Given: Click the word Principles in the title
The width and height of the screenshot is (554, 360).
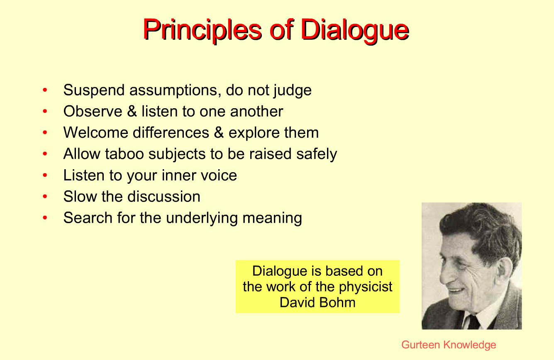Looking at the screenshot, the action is (x=202, y=30).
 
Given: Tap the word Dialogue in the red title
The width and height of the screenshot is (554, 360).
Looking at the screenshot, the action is (x=355, y=30).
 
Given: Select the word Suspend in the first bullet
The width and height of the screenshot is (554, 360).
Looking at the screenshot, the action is (x=94, y=90).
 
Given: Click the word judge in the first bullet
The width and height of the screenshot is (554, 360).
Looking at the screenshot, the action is (x=292, y=91).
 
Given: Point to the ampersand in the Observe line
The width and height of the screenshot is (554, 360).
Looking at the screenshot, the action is (x=132, y=111).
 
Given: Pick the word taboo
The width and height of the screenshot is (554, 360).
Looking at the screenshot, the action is (x=124, y=154).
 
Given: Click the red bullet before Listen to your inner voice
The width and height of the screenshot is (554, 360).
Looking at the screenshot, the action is (x=45, y=175).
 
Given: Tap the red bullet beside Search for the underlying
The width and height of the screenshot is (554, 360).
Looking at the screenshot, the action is (x=45, y=218).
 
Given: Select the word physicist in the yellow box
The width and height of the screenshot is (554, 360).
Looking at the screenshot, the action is (x=366, y=287).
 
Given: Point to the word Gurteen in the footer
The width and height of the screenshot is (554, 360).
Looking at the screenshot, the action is (x=420, y=345).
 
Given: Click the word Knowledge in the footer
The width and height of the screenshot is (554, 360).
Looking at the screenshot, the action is (x=469, y=345).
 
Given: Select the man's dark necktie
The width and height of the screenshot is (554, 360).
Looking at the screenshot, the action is (x=474, y=322).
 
